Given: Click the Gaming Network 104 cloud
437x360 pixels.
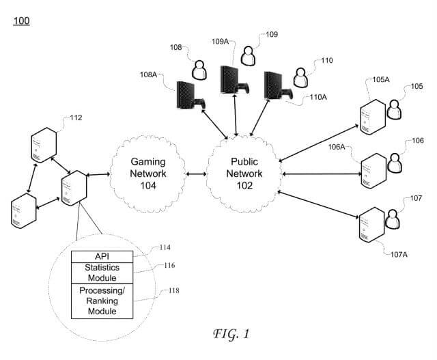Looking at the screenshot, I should click(149, 174).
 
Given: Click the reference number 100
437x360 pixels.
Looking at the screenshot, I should click(21, 20).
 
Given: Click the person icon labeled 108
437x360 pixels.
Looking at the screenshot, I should click(199, 70).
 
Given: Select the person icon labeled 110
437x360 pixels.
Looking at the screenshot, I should click(300, 75).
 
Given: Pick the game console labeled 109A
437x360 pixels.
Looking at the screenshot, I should click(231, 80).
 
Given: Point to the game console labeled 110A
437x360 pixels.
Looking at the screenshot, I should click(275, 86).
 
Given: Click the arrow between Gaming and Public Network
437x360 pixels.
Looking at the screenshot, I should click(197, 175).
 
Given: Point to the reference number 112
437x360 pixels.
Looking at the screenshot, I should click(75, 117).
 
